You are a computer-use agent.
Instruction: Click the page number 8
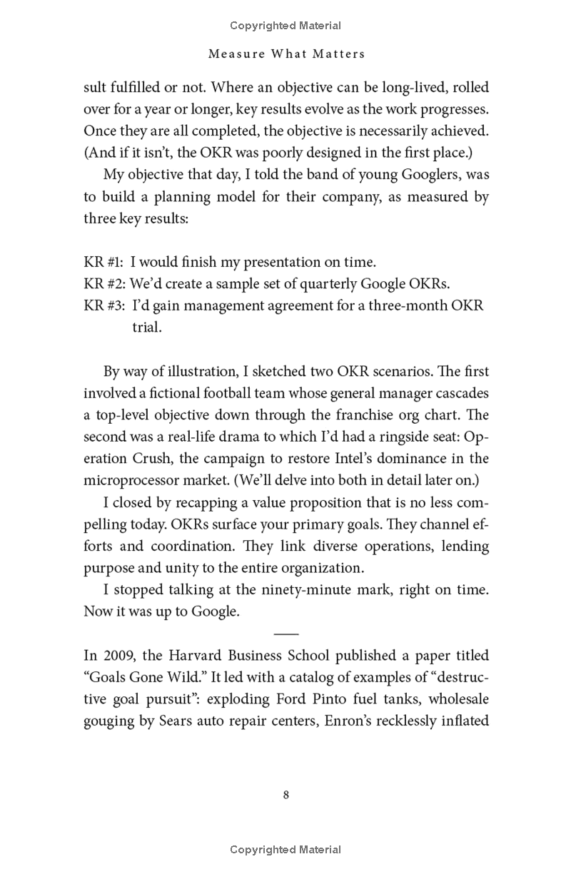click(285, 795)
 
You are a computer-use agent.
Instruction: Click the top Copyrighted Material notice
click(285, 26)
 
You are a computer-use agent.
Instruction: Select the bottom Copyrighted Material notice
click(285, 849)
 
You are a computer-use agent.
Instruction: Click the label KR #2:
click(105, 283)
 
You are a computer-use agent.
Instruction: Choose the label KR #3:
click(105, 305)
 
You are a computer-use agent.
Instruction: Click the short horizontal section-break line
click(285, 633)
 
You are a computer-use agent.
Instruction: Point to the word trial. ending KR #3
click(147, 327)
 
